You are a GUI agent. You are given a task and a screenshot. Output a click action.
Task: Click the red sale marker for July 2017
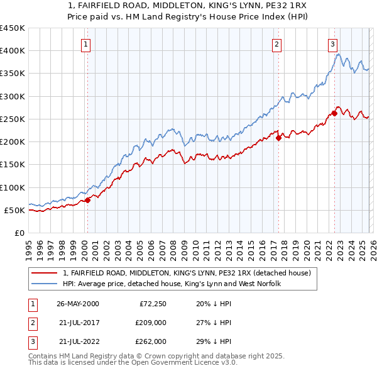(x=278, y=138)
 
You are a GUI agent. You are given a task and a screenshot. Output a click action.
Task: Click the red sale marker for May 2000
(x=88, y=200)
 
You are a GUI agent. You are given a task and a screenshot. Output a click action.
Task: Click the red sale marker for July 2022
(x=334, y=114)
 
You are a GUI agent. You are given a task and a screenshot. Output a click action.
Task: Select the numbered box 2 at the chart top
(x=276, y=44)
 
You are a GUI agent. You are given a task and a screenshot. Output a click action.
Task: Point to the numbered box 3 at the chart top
(x=332, y=44)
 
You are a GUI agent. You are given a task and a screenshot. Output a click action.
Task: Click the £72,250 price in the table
(x=152, y=304)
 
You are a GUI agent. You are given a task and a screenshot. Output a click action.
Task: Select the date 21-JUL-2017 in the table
(x=78, y=323)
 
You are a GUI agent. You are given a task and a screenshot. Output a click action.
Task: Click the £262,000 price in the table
(x=150, y=341)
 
